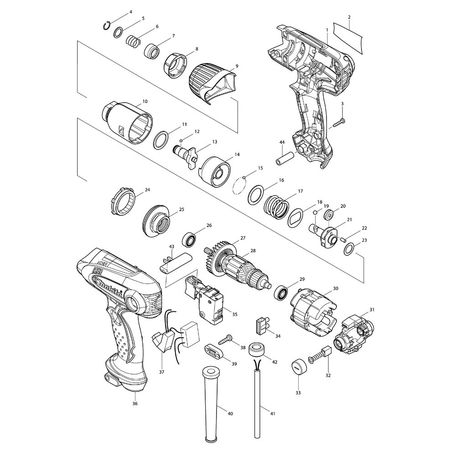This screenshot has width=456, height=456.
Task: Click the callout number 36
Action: (x=135, y=403)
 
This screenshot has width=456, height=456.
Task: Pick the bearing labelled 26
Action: (x=190, y=239)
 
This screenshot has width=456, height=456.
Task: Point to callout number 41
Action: (x=272, y=414)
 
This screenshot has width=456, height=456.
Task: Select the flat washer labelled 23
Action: (x=349, y=249)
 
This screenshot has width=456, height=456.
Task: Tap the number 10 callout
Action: (x=145, y=101)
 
